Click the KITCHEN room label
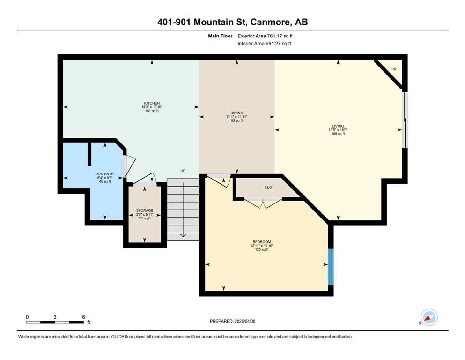pyautogui.click(x=152, y=103)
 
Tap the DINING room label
pyautogui.click(x=236, y=113)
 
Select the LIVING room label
pyautogui.click(x=338, y=126)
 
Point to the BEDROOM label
pyautogui.click(x=262, y=242)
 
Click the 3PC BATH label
pyautogui.click(x=105, y=174)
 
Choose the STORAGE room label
pyautogui.click(x=145, y=210)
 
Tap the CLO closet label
pyautogui.click(x=268, y=187)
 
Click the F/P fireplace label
pyautogui.click(x=393, y=69)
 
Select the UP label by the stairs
pyautogui.click(x=183, y=171)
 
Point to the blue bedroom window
pyautogui.click(x=331, y=267)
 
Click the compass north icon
pyautogui.click(x=429, y=317)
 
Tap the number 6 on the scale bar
pyautogui.click(x=84, y=317)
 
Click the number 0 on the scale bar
pyautogui.click(x=27, y=317)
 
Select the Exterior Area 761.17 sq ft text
pyautogui.click(x=265, y=36)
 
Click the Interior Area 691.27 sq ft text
pyautogui.click(x=264, y=43)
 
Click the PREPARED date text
pyautogui.click(x=232, y=321)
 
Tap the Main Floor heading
pyautogui.click(x=220, y=36)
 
